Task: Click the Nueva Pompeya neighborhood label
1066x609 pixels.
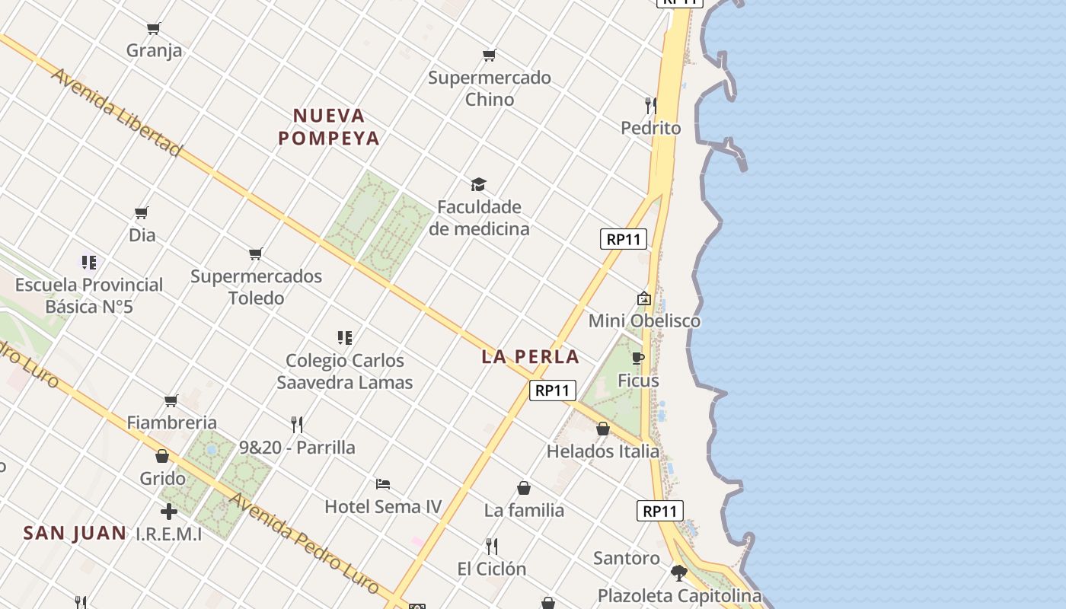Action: click(328, 127)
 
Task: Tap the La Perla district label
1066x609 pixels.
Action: click(530, 356)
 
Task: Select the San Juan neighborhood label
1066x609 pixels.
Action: click(75, 533)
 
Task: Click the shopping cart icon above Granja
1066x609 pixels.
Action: click(154, 29)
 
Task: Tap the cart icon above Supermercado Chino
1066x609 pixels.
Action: click(489, 55)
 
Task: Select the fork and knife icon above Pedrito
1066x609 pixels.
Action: click(650, 105)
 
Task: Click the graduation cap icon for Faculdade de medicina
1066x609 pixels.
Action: click(478, 184)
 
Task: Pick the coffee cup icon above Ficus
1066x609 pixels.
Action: click(638, 358)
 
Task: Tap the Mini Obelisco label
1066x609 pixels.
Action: click(644, 320)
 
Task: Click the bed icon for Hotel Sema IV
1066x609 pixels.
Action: click(383, 483)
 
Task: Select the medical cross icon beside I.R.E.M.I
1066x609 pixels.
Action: click(169, 512)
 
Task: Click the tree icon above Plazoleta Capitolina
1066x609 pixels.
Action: click(678, 572)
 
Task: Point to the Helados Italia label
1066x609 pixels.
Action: click(603, 451)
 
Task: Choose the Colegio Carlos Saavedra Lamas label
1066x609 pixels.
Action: click(345, 371)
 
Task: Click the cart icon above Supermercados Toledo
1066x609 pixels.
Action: click(256, 253)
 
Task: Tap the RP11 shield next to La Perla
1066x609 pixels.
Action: click(552, 391)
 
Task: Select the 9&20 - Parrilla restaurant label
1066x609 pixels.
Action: click(297, 447)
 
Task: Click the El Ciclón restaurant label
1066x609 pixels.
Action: click(491, 569)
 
